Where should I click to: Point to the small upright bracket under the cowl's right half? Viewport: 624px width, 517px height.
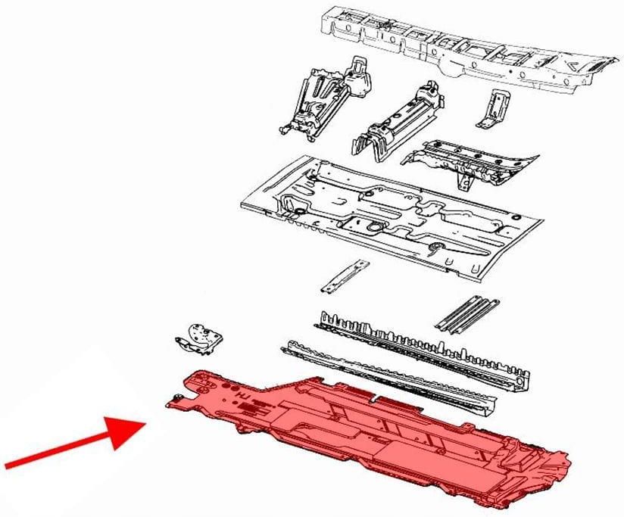tap(492, 107)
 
